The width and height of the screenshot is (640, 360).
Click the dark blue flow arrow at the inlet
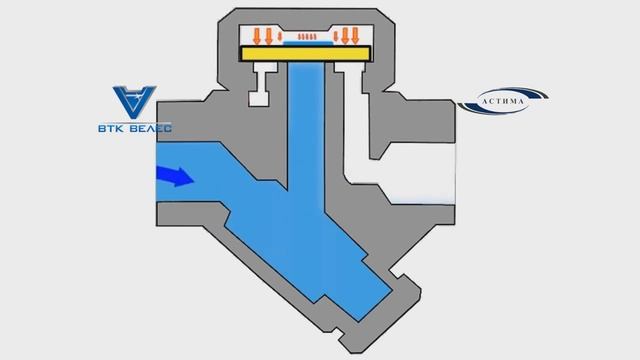pos(175,177)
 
